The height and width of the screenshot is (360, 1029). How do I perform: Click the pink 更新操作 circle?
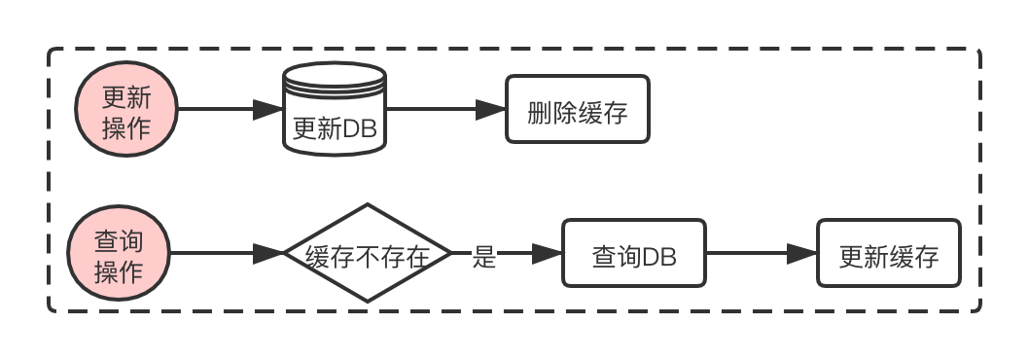pyautogui.click(x=126, y=110)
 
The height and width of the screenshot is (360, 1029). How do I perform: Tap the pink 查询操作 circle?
pyautogui.click(x=119, y=256)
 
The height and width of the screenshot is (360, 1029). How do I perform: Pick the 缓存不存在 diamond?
pyautogui.click(x=367, y=256)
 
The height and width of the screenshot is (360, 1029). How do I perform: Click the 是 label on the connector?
pyautogui.click(x=484, y=257)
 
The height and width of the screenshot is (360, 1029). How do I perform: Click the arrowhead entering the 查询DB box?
pyautogui.click(x=549, y=255)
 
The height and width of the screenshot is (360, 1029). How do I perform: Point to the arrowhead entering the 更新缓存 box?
pyautogui.click(x=802, y=255)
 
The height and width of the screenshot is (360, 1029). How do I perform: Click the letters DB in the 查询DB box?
pyautogui.click(x=658, y=258)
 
